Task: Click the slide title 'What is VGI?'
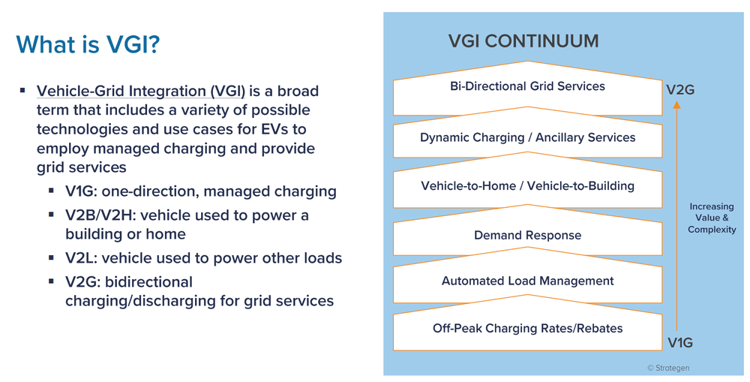point(88,44)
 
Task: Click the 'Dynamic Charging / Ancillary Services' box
point(527,138)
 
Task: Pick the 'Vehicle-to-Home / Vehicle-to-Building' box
point(527,186)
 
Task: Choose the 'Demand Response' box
point(527,236)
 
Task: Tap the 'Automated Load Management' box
point(527,281)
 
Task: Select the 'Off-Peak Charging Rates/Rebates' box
point(527,329)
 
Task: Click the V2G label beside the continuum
point(680,90)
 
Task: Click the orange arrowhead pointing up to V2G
point(676,106)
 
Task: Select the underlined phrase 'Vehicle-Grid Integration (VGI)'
point(141,92)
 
